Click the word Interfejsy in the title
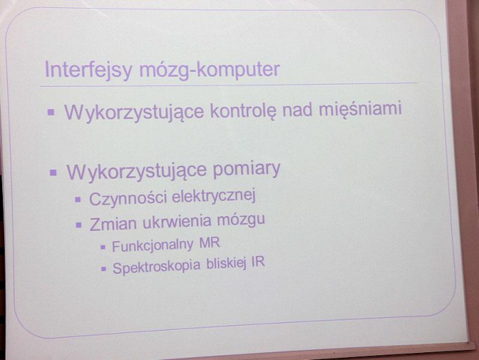pyautogui.click(x=89, y=70)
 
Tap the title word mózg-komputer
pyautogui.click(x=209, y=70)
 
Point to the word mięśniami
pyautogui.click(x=360, y=109)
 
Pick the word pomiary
pyautogui.click(x=247, y=169)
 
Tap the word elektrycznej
pyautogui.click(x=213, y=196)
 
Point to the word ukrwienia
pyautogui.click(x=177, y=222)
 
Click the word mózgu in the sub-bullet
pyautogui.click(x=241, y=221)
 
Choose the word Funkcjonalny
pyautogui.click(x=153, y=245)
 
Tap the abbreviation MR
pyautogui.click(x=209, y=244)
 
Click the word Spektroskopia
pyautogui.click(x=157, y=267)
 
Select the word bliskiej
pyautogui.click(x=226, y=264)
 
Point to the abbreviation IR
pyautogui.click(x=258, y=263)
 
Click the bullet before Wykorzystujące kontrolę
pyautogui.click(x=51, y=112)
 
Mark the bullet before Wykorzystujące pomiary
pyautogui.click(x=53, y=172)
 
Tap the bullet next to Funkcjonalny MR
pyautogui.click(x=103, y=247)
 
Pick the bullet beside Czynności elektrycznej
pyautogui.click(x=78, y=199)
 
